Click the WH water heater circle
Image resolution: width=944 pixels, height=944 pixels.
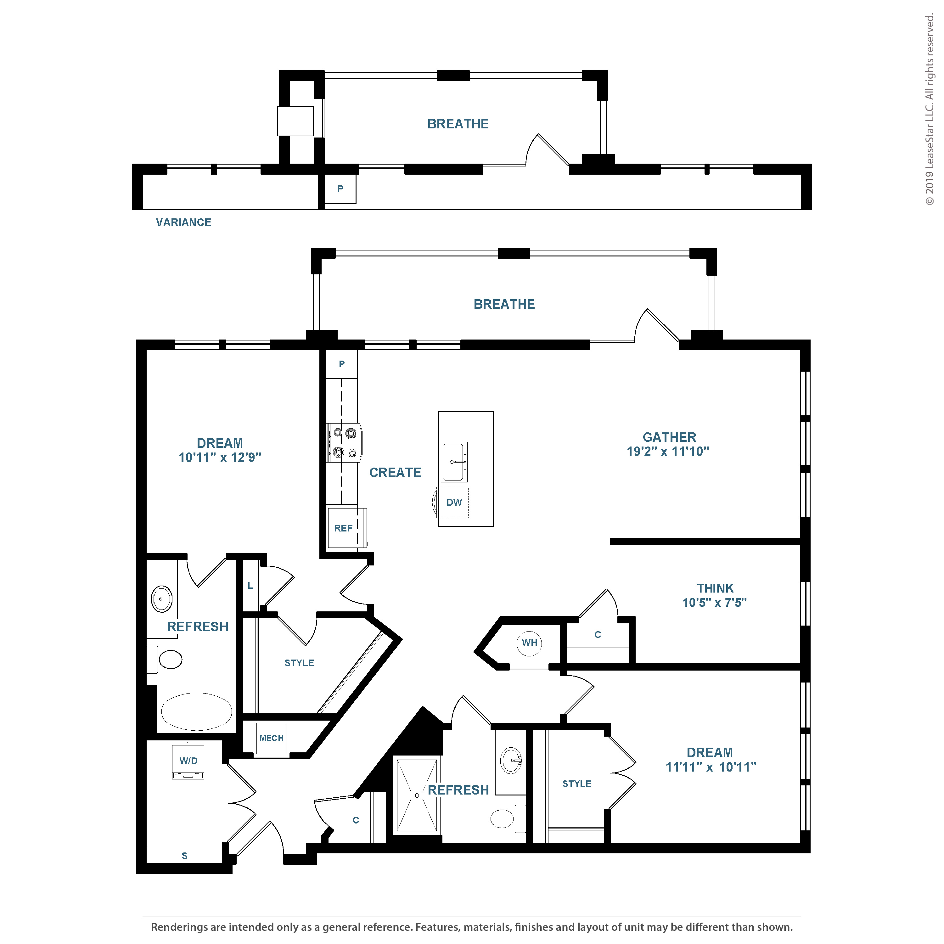(529, 643)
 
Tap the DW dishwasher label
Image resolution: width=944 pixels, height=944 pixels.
(454, 502)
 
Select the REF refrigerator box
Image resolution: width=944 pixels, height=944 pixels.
(346, 528)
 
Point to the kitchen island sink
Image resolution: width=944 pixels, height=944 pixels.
(454, 462)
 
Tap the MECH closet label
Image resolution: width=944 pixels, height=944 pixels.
(271, 738)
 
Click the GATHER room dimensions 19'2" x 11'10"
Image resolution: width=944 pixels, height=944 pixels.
(668, 452)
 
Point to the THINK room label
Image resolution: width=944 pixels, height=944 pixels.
(715, 588)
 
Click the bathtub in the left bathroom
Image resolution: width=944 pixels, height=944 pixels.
(196, 711)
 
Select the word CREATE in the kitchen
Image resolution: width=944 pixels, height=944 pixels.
(395, 473)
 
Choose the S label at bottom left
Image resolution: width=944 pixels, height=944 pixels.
(184, 856)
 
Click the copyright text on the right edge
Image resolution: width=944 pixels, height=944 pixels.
(929, 110)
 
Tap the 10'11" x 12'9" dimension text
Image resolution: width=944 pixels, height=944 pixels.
(220, 457)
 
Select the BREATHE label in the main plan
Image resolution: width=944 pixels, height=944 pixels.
(504, 304)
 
